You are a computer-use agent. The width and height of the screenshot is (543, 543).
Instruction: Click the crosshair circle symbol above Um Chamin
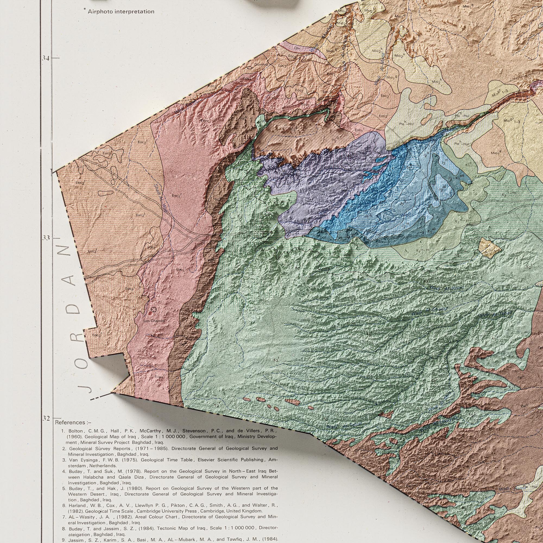(153, 309)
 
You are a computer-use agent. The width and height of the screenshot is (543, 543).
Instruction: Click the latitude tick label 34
(46, 58)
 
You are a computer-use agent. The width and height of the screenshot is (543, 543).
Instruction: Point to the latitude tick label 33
(46, 238)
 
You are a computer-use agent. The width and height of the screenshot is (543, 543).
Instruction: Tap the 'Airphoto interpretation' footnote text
(121, 11)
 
